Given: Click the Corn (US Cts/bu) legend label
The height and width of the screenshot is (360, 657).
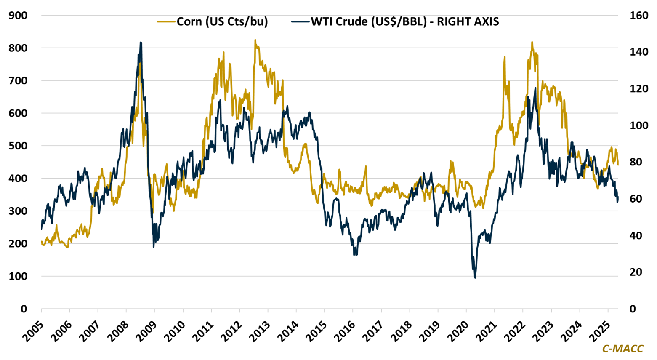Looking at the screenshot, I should click(x=222, y=21).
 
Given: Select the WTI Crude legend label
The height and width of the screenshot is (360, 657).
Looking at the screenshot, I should click(x=405, y=21).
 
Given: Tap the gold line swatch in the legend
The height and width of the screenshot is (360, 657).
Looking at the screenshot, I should click(x=166, y=21).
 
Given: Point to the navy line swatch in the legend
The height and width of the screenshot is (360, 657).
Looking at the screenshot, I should click(x=300, y=21).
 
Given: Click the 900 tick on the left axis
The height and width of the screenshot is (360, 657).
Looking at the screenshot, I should click(x=18, y=16).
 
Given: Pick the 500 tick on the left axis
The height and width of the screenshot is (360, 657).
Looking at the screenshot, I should click(x=18, y=146).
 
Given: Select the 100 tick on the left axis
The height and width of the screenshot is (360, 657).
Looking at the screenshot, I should click(x=18, y=277).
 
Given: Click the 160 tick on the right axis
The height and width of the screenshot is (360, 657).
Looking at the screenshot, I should click(x=638, y=16).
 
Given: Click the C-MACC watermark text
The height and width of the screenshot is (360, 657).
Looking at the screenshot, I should click(x=622, y=349).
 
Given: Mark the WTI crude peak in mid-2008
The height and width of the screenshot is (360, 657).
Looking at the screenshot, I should click(x=141, y=43).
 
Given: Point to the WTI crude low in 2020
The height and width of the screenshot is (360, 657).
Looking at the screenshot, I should click(x=475, y=277).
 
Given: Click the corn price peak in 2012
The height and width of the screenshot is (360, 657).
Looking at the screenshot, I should click(x=255, y=40).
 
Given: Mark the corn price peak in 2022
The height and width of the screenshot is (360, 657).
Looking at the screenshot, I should click(x=532, y=42).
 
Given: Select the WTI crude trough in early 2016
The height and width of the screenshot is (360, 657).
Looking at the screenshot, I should click(x=355, y=255).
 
